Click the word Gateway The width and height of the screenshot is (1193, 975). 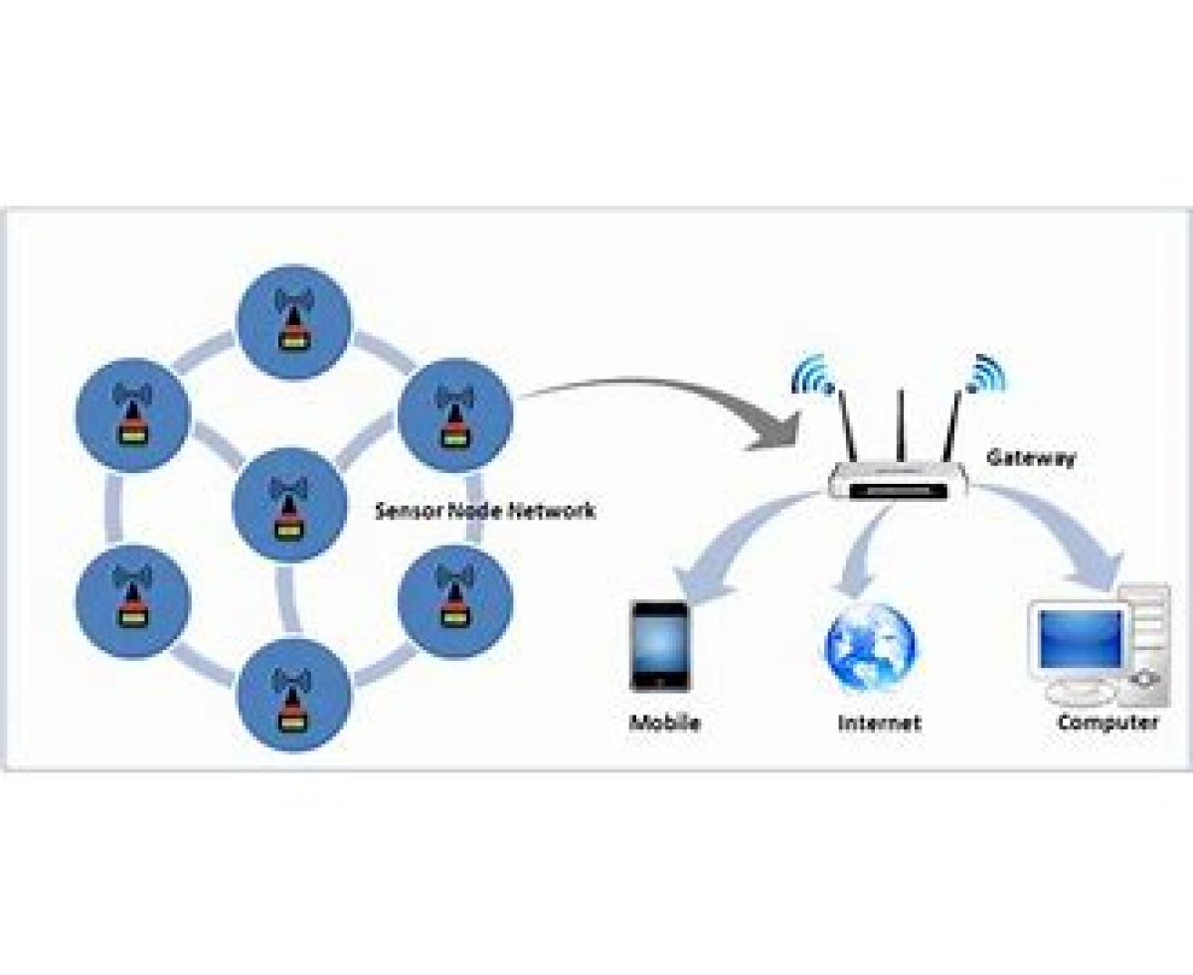click(x=1030, y=458)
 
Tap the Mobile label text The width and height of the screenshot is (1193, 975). click(x=664, y=723)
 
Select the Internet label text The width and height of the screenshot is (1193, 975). click(x=879, y=723)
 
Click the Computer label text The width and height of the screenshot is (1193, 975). click(x=1108, y=723)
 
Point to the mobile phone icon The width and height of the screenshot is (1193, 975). click(x=660, y=646)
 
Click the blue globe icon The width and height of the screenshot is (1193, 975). click(x=871, y=647)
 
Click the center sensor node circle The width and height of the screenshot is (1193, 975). click(x=289, y=505)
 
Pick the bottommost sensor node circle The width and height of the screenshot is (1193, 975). click(x=293, y=696)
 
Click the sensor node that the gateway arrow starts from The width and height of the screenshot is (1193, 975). click(x=455, y=413)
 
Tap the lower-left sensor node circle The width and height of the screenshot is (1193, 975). click(x=132, y=599)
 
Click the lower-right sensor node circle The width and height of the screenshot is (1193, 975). click(x=455, y=599)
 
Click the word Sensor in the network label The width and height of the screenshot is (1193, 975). click(x=402, y=511)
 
